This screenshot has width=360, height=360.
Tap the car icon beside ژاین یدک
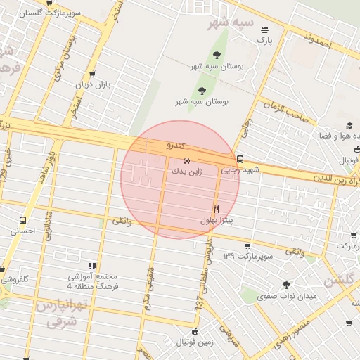click(x=186, y=160)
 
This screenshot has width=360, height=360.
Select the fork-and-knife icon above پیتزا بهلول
click(x=216, y=209)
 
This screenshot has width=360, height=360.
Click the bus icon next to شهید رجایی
click(x=240, y=159)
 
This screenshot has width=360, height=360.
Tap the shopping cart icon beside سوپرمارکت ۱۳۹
click(x=247, y=245)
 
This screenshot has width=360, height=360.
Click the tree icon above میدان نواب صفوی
click(x=286, y=285)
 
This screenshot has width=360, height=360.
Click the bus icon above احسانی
click(x=23, y=219)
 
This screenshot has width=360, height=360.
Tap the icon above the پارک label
click(x=264, y=30)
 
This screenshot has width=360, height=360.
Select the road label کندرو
click(x=175, y=146)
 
